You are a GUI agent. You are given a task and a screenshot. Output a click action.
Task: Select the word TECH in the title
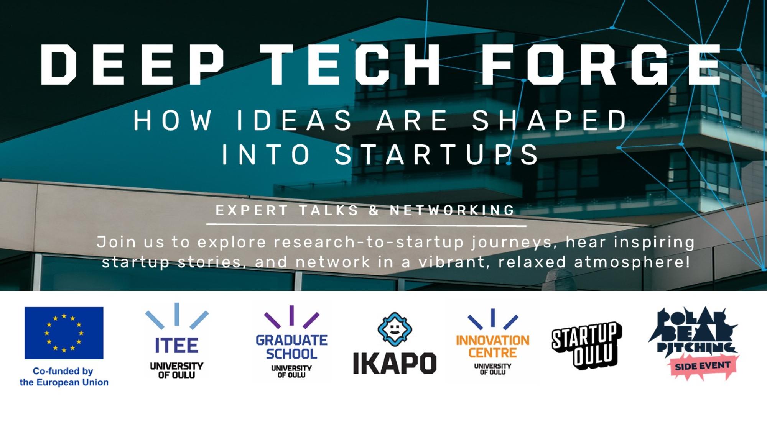[353, 64]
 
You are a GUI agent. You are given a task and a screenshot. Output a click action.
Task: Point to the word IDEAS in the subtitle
[295, 120]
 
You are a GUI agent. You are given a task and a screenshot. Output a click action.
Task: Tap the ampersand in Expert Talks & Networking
[374, 210]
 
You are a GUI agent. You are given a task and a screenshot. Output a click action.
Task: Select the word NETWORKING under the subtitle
[452, 210]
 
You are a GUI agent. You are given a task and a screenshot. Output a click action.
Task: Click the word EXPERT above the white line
[252, 210]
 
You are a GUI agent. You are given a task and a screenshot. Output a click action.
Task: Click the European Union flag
[64, 333]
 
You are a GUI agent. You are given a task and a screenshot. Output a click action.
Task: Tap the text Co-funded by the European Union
[64, 377]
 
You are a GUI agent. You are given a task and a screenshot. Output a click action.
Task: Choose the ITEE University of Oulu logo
[177, 341]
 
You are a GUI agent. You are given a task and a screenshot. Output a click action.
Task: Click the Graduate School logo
[291, 342]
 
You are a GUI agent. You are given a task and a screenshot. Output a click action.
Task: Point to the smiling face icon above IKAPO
[395, 329]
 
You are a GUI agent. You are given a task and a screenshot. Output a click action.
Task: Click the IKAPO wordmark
[395, 363]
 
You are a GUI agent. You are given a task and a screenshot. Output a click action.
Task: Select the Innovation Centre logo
[493, 342]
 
